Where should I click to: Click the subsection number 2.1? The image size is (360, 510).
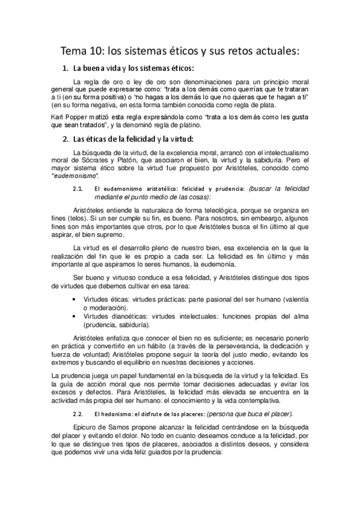[x=76, y=189]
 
